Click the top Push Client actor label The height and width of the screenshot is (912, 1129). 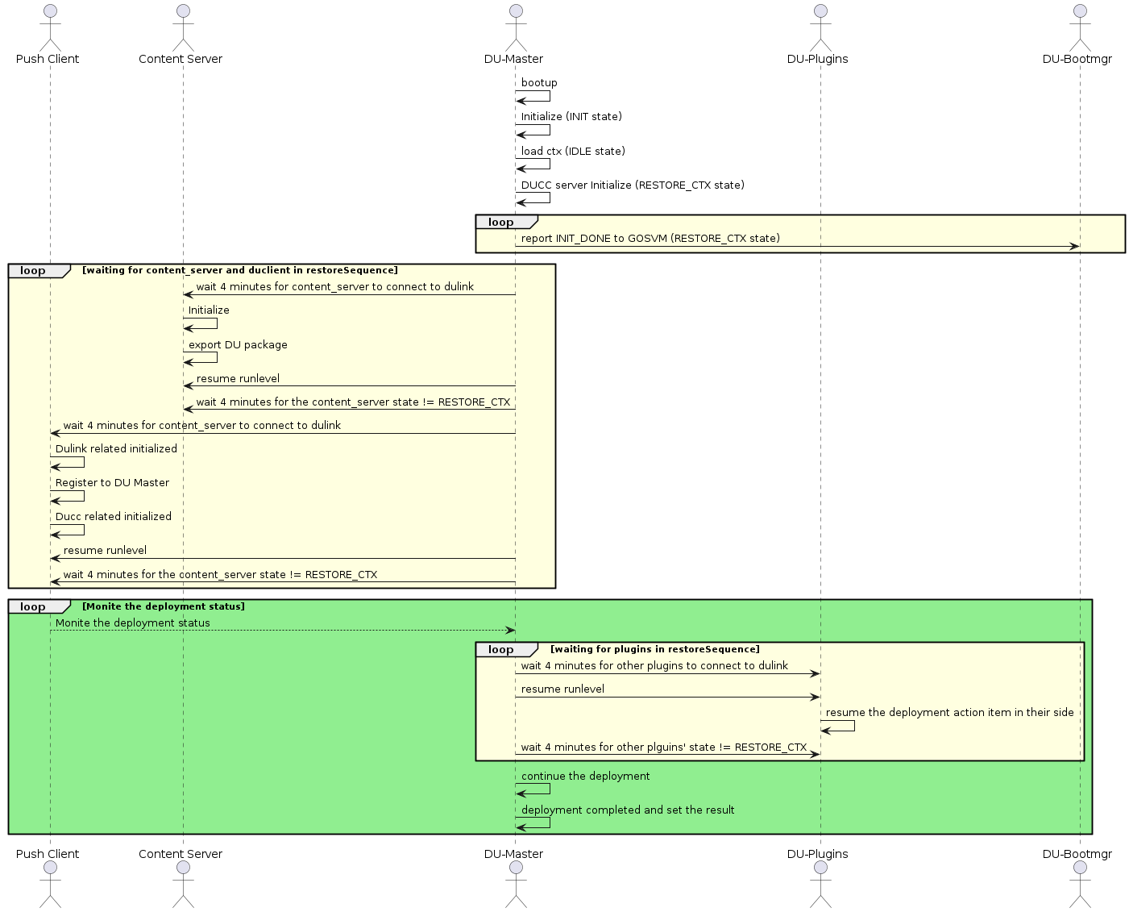point(48,59)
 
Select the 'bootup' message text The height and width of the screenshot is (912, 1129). point(539,83)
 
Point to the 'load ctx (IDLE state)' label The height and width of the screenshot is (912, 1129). point(573,152)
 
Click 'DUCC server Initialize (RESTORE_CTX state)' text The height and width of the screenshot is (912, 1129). point(633,185)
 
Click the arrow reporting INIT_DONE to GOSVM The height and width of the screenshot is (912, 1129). point(798,247)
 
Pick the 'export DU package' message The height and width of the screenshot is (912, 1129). point(238,345)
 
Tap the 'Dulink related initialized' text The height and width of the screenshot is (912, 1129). point(116,449)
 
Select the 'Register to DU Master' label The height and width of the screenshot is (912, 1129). point(112,483)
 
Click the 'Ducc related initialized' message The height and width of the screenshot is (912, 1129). point(114,517)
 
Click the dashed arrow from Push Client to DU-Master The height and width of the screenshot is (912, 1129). point(282,631)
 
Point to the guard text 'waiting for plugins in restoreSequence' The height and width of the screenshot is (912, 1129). point(654,649)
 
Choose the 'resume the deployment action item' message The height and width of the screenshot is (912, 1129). point(949,713)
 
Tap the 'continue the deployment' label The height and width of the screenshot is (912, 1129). point(585,777)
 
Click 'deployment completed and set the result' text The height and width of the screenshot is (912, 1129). point(628,810)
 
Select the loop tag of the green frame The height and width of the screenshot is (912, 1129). point(34,607)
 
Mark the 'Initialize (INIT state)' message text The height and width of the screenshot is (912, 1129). point(571,117)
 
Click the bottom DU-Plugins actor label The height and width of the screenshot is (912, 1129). point(817,854)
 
